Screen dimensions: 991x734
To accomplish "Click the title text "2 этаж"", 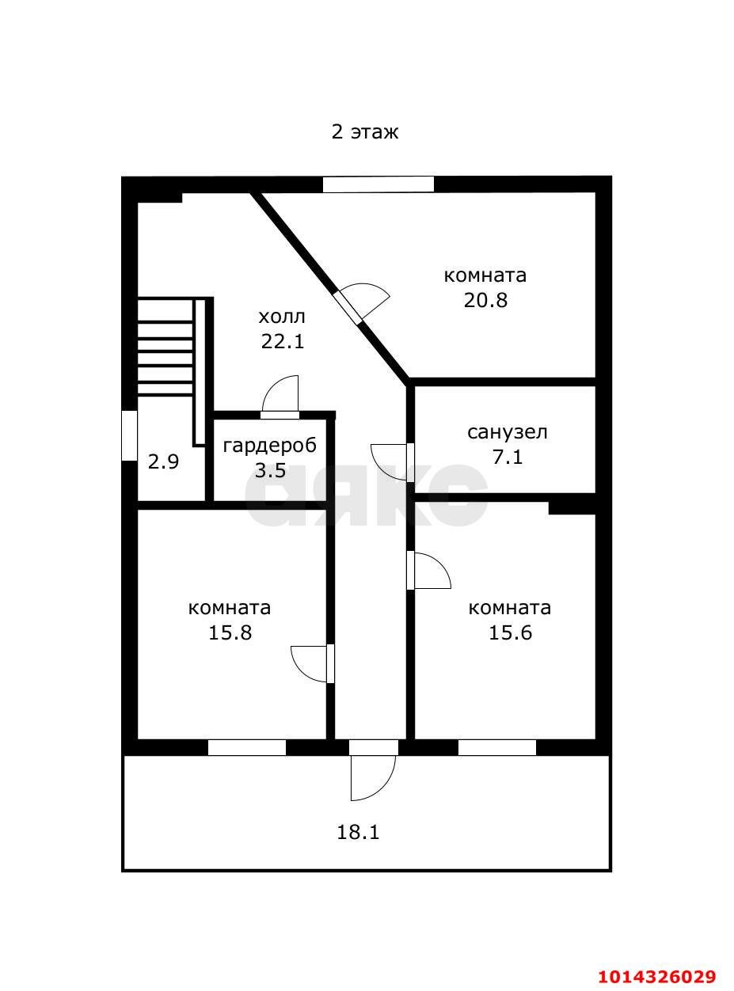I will coord(365,131).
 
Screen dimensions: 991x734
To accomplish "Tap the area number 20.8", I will coord(485,301).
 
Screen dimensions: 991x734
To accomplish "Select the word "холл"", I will coord(281,317).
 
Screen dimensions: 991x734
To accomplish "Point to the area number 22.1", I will coord(282,342).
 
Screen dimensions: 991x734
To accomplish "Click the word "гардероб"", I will coord(269,446).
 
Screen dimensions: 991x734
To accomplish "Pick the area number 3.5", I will coord(269,471).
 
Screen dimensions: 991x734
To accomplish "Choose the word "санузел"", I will coord(508,432).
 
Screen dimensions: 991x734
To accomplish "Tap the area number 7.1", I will coord(508,458).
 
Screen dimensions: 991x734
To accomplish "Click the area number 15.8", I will coord(230,633).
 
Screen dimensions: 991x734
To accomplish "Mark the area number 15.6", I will coord(510,633).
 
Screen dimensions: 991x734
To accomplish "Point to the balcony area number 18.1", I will coord(359,833).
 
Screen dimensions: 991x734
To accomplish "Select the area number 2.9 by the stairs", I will coord(163,462).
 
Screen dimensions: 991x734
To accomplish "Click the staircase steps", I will coord(165,347).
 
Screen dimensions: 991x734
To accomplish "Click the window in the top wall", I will coord(378,184).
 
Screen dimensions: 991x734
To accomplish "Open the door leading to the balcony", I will coord(373,776).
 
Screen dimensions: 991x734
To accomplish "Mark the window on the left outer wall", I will coord(129,435).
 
